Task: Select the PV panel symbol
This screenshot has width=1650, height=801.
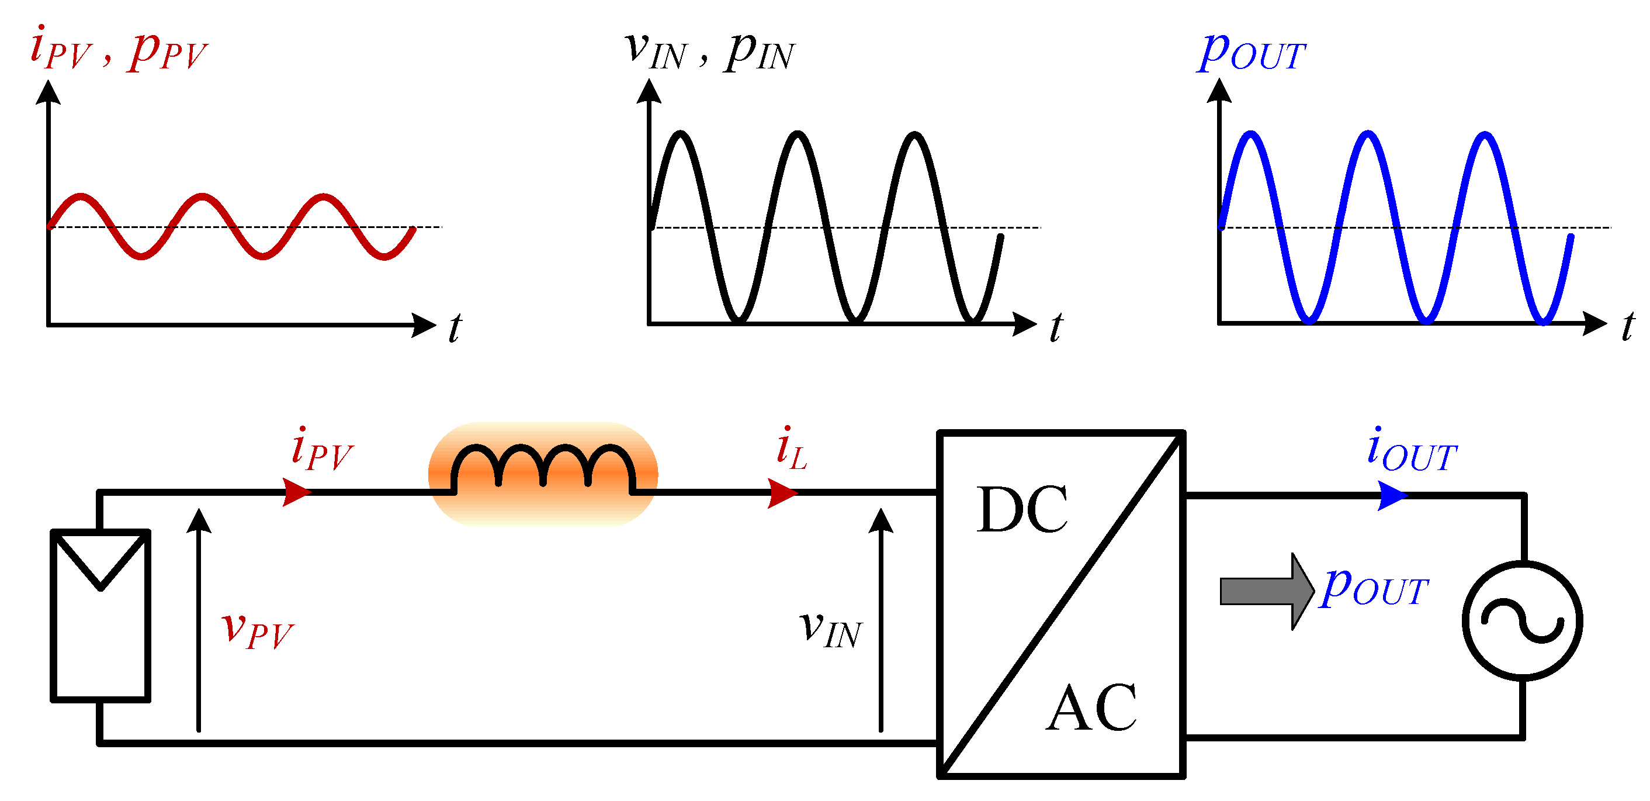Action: coord(100,616)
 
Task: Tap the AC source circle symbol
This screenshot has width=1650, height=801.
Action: coord(1523,620)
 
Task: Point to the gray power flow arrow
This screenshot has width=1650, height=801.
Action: coord(1266,591)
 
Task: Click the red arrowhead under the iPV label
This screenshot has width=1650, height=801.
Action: coord(296,492)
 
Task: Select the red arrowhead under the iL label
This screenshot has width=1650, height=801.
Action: coord(781,493)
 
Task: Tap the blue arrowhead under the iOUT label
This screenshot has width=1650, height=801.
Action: coord(1391,496)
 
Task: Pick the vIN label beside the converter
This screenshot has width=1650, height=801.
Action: coord(830,629)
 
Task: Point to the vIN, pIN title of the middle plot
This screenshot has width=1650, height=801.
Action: coord(710,51)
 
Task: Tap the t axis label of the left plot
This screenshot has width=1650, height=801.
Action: coord(454,328)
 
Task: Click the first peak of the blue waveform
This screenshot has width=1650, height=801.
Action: coord(1250,133)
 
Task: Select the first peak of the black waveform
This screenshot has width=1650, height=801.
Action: coord(680,133)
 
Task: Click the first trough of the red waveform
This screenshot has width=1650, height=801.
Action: coord(141,256)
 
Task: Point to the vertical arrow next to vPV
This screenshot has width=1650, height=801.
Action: coord(199,619)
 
